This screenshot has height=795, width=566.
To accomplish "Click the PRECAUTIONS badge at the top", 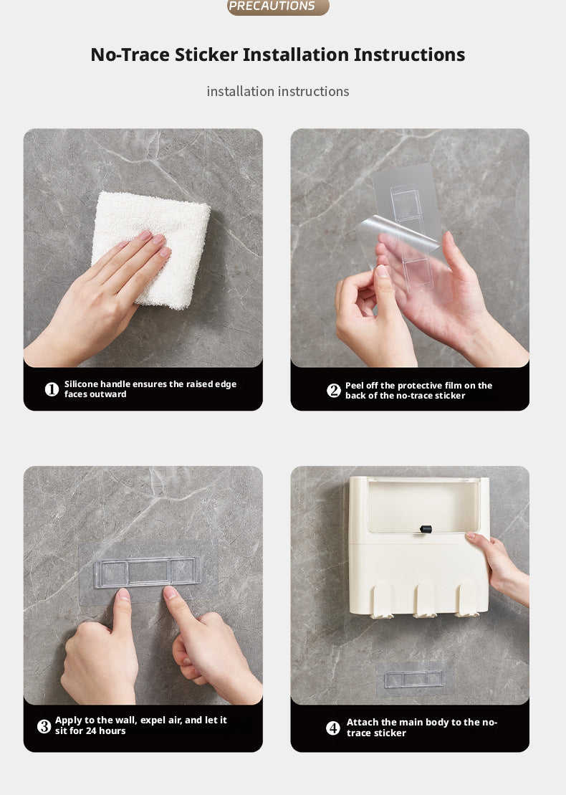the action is (278, 6).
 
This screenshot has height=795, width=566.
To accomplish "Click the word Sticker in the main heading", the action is (206, 54).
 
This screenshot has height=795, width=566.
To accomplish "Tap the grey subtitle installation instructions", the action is (278, 91).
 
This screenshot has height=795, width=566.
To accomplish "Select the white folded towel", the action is (151, 249).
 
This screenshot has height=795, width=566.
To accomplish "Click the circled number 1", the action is (52, 389).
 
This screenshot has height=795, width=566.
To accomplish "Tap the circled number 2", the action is (333, 391).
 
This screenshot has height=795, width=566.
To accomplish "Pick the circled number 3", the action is (44, 726).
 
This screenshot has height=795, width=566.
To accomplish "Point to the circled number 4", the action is (333, 728).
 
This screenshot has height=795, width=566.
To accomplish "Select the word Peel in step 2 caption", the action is (354, 386).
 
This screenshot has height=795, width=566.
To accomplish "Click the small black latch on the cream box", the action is (426, 529).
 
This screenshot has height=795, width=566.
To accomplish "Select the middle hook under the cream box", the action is (425, 600).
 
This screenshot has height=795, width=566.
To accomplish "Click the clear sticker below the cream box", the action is (415, 679).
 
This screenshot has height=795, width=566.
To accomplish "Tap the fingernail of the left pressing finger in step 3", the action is (123, 594).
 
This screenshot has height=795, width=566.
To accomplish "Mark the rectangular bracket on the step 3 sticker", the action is (147, 573).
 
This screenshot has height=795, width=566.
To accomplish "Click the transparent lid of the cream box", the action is (423, 505).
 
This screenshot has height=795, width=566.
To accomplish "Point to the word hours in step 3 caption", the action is (112, 730).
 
